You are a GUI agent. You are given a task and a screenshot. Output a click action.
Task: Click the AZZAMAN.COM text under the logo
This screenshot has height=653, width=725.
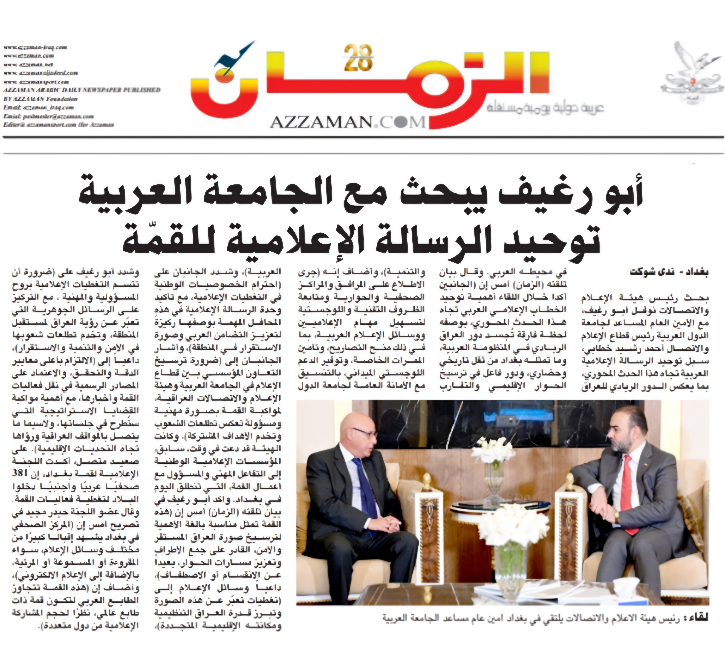tap(347, 122)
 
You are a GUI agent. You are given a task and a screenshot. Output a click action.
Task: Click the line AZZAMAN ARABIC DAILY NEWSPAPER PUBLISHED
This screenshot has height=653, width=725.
tap(82, 90)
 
